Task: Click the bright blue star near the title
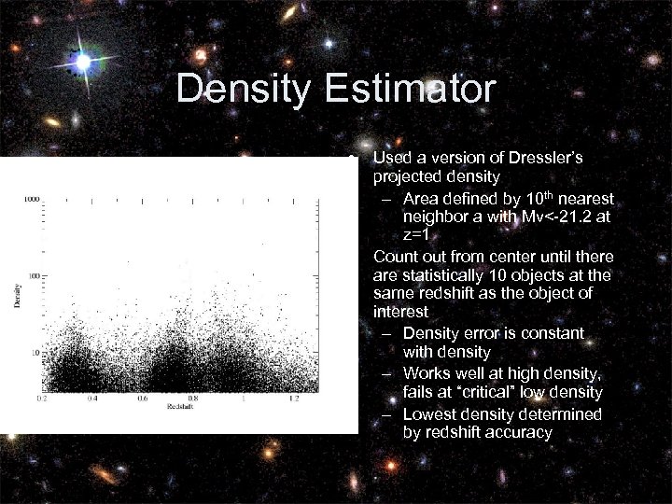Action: pos(83,63)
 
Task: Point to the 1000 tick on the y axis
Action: pos(31,199)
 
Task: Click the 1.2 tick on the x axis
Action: pos(294,399)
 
